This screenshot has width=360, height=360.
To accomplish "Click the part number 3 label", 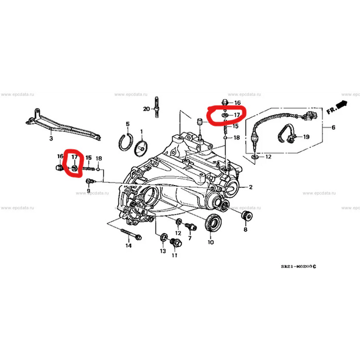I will point(51,139).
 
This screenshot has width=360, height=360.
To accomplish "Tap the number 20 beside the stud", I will point(147,109).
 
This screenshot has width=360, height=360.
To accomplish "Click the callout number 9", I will point(88,191).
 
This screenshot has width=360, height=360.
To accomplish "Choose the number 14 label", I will point(128,246).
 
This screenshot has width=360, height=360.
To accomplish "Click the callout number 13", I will point(163,251).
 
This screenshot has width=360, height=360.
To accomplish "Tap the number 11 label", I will point(174,255).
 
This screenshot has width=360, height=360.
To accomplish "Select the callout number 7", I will point(189,239).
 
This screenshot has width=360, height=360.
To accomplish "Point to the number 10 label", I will point(211,242).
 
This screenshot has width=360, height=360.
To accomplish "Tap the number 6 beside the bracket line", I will point(333,128).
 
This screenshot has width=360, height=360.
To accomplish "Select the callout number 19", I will point(306,137).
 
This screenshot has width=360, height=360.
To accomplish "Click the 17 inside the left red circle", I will point(74,156).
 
